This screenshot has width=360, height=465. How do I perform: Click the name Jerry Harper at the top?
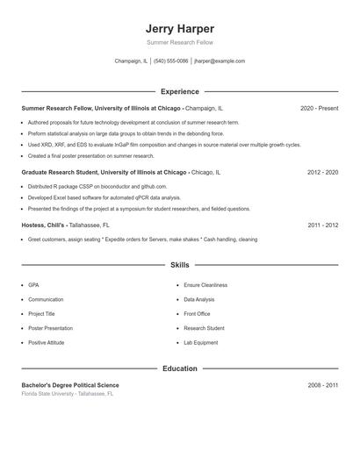[x=179, y=28]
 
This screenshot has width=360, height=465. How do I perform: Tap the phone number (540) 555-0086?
[x=170, y=61]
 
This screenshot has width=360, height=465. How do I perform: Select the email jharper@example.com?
[x=220, y=61]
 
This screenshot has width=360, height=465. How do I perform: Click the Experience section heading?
[x=179, y=91]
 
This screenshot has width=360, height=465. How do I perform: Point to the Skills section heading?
[x=179, y=264]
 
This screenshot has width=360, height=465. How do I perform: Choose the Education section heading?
[x=179, y=368]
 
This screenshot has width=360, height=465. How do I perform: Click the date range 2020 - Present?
[x=319, y=108]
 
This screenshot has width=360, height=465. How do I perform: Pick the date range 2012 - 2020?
[x=322, y=173]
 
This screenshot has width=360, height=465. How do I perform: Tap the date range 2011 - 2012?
[x=322, y=225]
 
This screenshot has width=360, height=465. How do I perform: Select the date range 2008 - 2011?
[x=322, y=385]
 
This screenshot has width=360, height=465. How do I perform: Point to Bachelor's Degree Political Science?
[x=70, y=385]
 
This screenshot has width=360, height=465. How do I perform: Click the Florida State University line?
[x=68, y=394]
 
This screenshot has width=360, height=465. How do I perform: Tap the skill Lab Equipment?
[x=201, y=342]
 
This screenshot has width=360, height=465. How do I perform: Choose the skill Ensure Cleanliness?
[x=205, y=285]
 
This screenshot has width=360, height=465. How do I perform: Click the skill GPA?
[x=33, y=285]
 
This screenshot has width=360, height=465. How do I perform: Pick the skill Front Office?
[x=197, y=313]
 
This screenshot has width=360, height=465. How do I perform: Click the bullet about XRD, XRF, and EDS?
[x=163, y=145]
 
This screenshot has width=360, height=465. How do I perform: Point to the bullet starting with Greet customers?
[x=142, y=239]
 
